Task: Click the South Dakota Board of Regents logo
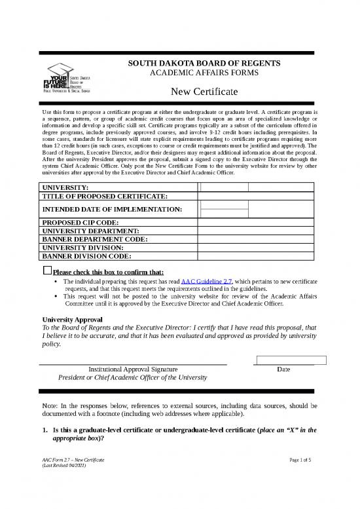73,79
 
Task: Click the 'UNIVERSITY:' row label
66,187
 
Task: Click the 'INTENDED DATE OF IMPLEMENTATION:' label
111,209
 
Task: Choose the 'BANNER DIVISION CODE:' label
87,257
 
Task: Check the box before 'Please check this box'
46,271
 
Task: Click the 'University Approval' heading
73,320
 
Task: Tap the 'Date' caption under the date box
283,369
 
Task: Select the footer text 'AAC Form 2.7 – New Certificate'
72,462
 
